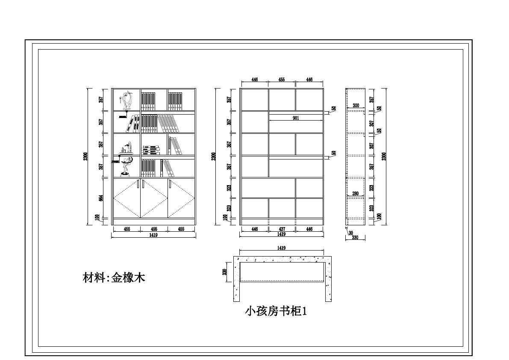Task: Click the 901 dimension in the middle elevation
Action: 296,118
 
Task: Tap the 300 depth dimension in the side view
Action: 356,105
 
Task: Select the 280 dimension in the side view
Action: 355,194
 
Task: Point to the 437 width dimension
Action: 282,229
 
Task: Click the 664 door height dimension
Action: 101,198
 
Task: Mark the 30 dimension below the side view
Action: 350,233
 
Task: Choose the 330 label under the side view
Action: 355,238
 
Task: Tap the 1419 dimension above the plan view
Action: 281,248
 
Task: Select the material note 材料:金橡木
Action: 114,278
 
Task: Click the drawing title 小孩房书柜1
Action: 276,312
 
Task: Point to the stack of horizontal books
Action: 151,150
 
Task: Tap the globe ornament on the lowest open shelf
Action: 127,165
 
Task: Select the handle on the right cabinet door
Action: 170,183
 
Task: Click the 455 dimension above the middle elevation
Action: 282,80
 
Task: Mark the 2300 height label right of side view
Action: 384,156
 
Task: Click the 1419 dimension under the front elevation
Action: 153,235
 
